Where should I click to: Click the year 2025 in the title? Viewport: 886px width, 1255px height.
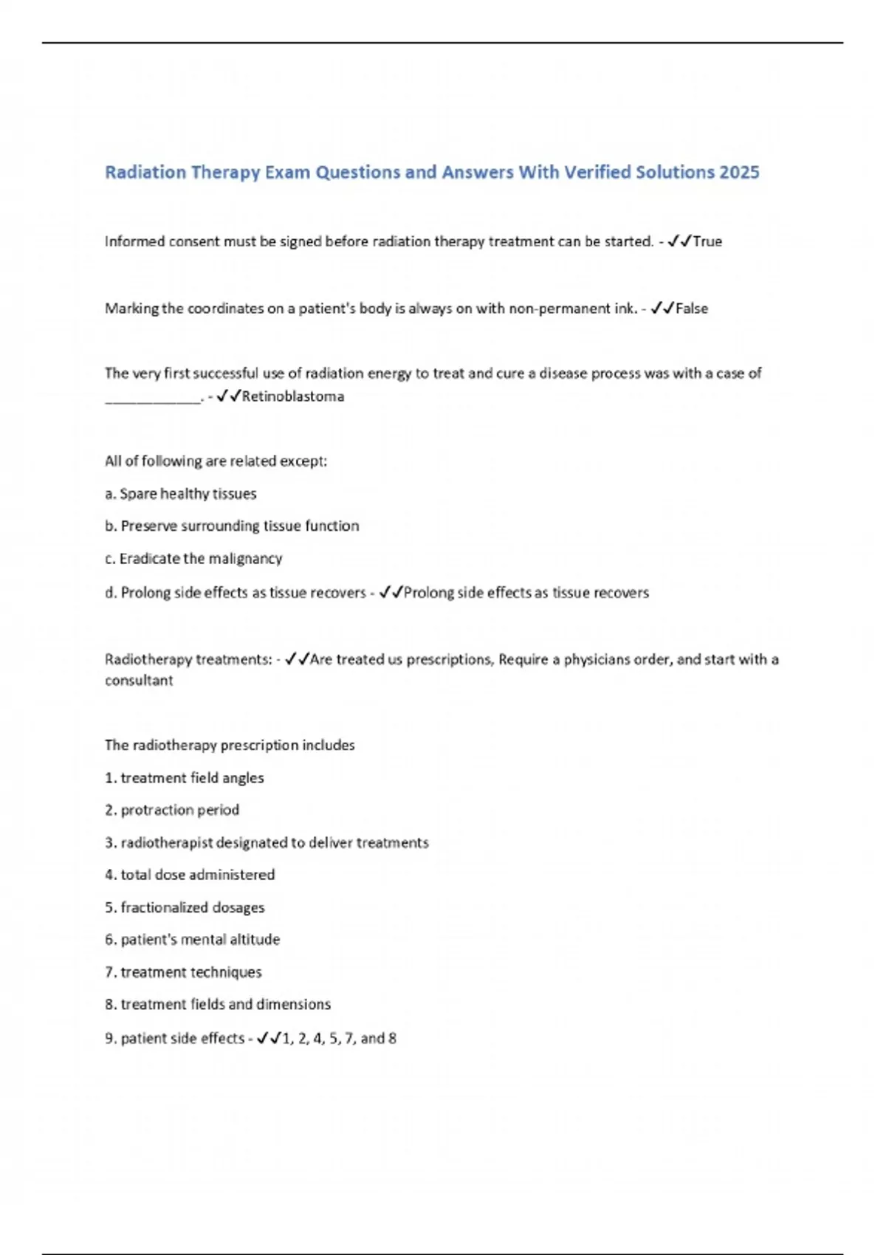coord(739,172)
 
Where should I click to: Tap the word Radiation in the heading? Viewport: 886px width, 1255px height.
coord(145,172)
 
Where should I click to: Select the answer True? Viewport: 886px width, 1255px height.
coord(707,241)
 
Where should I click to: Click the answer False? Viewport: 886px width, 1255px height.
coord(692,309)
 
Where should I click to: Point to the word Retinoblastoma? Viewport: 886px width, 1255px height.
coord(293,396)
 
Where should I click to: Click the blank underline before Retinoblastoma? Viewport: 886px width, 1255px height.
coord(153,399)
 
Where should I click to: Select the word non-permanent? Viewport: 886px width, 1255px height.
coord(560,309)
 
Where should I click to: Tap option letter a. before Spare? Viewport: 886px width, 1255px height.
coord(110,493)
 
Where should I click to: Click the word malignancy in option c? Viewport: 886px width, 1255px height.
coord(245,558)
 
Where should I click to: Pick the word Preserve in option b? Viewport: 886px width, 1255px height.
coord(145,526)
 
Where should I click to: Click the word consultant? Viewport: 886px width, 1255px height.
coord(139,681)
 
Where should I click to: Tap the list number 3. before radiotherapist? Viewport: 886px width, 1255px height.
coord(111,842)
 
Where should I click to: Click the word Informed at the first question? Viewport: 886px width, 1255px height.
coord(134,241)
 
